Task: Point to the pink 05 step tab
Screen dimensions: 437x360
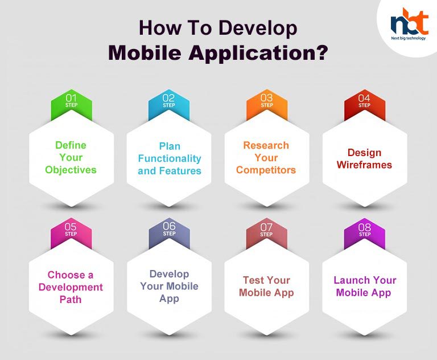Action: (x=71, y=232)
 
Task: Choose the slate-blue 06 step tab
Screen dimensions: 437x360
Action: (x=169, y=232)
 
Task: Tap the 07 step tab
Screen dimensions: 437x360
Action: (x=267, y=232)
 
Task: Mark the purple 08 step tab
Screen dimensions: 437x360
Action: (x=365, y=232)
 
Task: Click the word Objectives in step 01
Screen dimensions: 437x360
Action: (x=71, y=170)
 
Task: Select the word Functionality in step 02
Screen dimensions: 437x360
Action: (x=170, y=158)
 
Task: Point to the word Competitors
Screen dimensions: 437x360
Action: (x=266, y=170)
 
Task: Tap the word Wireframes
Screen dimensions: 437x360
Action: (x=364, y=165)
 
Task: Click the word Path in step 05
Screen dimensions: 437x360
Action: (x=71, y=300)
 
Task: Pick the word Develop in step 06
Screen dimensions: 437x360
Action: (x=169, y=274)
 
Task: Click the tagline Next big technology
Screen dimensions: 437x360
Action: (x=409, y=38)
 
